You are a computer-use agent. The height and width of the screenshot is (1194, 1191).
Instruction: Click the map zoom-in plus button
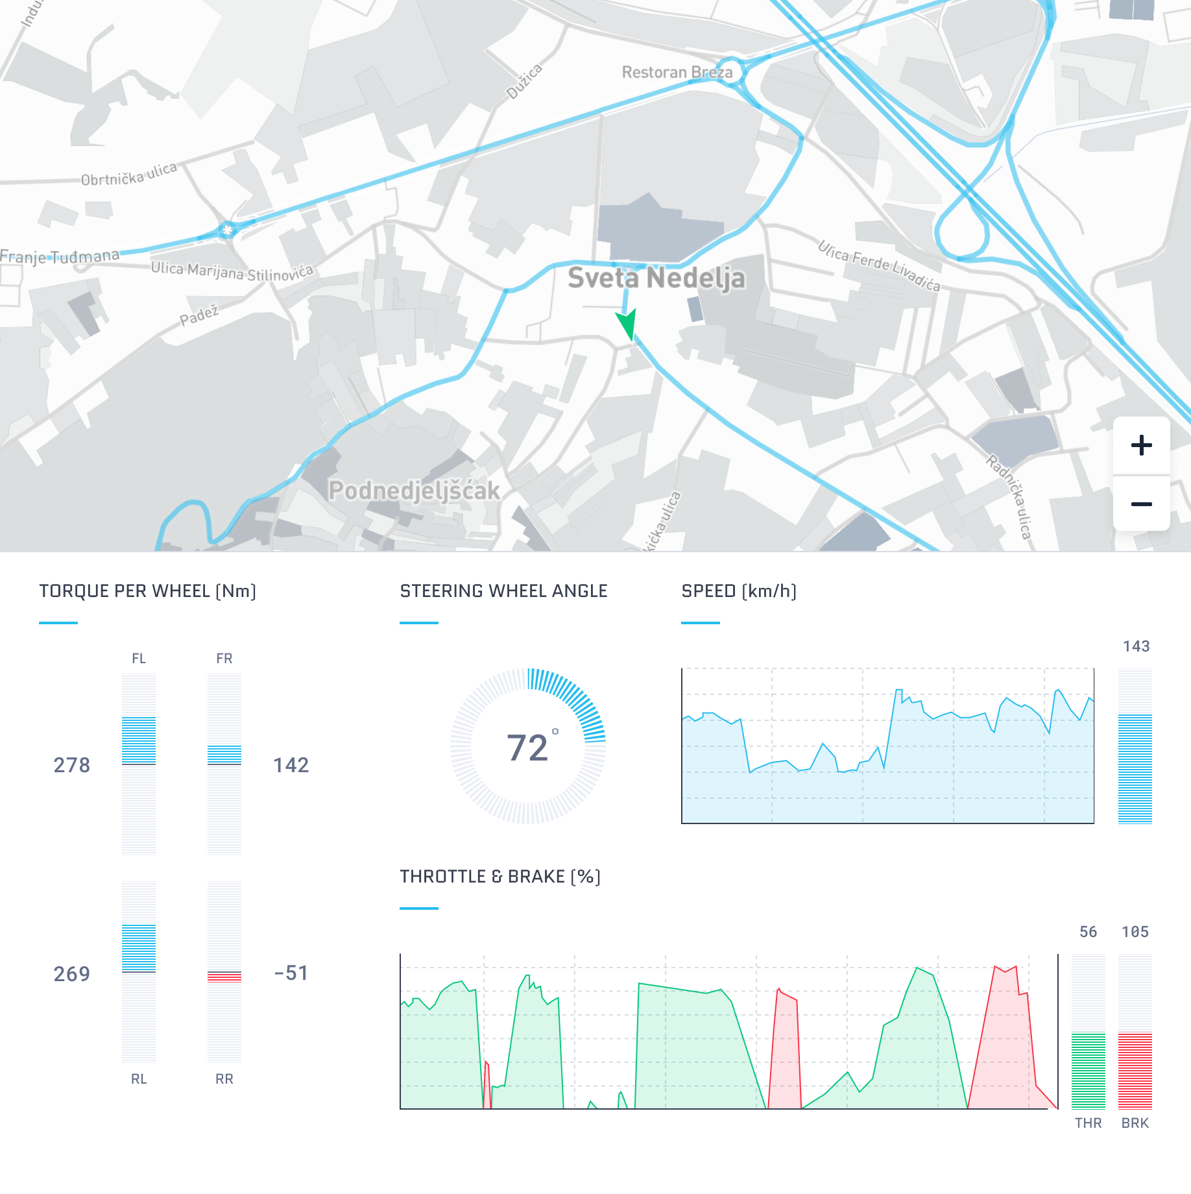pos(1141,445)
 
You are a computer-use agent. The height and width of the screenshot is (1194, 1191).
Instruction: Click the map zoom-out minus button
pos(1141,504)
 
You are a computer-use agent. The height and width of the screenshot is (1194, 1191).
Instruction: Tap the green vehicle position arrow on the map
pos(627,323)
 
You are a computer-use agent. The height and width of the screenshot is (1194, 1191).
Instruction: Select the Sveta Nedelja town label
pos(656,278)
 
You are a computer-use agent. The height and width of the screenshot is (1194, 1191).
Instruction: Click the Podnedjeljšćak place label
pos(414,491)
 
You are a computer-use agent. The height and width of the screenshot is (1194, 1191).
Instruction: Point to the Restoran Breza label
pos(677,72)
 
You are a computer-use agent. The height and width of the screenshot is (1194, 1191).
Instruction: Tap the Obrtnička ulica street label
pos(128,175)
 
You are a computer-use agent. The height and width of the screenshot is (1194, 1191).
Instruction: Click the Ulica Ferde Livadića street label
pos(878,265)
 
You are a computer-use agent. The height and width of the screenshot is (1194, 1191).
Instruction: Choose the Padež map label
pos(199,315)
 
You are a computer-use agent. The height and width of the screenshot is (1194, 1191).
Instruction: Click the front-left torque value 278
pos(72,765)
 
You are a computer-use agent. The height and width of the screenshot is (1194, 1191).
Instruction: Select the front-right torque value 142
pos(291,765)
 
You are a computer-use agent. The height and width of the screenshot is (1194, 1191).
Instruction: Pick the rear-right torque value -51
pos(291,973)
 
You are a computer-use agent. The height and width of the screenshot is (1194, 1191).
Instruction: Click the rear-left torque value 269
pos(72,973)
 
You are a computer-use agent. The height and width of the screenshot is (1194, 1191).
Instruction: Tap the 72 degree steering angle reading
pos(528,748)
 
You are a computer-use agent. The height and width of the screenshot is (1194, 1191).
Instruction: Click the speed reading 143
pos(1136,646)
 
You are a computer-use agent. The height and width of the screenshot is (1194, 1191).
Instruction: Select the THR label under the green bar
pos(1088,1123)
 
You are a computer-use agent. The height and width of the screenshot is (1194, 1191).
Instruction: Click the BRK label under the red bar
pos(1135,1123)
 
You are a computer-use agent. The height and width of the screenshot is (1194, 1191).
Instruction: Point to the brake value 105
pos(1135,932)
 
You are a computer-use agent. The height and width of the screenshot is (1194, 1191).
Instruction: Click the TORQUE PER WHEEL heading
pos(148,591)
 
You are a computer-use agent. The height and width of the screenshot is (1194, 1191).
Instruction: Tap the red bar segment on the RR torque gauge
pos(224,977)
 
